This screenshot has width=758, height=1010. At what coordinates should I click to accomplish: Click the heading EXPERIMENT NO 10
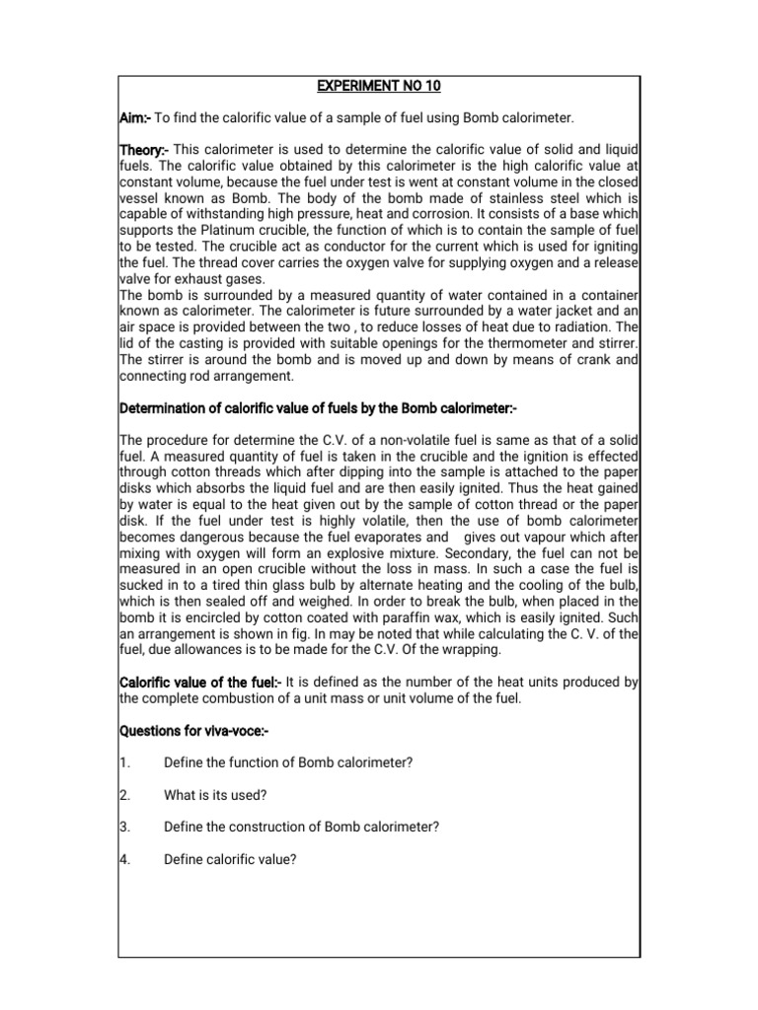click(379, 86)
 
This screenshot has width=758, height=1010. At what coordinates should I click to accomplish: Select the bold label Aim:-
click(135, 118)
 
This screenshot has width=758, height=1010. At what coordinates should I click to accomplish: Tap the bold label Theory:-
click(144, 149)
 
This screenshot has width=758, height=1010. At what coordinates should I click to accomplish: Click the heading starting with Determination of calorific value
click(318, 407)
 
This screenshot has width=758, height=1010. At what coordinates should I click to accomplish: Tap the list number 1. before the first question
click(124, 763)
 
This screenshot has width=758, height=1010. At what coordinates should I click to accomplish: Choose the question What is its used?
click(217, 795)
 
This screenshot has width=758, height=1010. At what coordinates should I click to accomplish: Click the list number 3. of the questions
click(124, 827)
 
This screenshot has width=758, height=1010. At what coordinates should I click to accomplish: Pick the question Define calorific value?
click(230, 859)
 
